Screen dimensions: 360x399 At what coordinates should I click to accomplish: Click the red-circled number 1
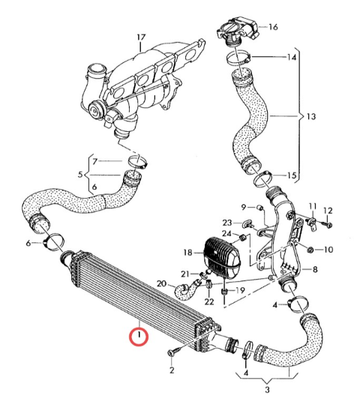click(139, 335)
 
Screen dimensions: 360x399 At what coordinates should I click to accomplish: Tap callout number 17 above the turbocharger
click(141, 37)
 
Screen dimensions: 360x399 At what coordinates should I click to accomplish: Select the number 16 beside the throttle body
click(273, 27)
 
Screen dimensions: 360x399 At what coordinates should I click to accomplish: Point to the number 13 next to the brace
click(311, 116)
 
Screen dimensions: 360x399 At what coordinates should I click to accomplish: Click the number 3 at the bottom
click(267, 389)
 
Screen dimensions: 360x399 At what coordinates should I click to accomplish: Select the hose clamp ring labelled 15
click(262, 179)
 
